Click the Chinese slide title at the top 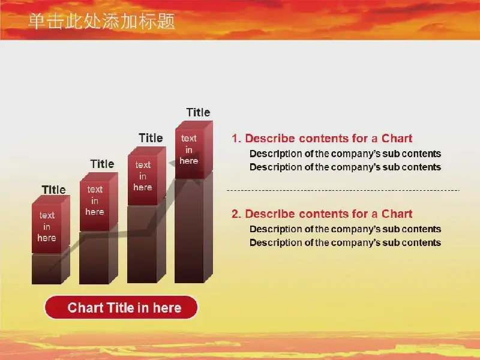click(101, 22)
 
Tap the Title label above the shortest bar click(53, 190)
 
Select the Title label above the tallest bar click(198, 112)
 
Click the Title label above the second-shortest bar click(102, 164)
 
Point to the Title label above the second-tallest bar click(151, 138)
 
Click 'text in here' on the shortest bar click(47, 227)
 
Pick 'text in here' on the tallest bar click(189, 149)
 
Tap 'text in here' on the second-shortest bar click(95, 200)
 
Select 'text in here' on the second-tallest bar click(143, 176)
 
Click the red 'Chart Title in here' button click(121, 307)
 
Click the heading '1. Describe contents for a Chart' click(322, 139)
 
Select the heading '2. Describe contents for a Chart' click(322, 214)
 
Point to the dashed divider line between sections click(343, 190)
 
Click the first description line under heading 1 click(346, 154)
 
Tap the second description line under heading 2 click(346, 243)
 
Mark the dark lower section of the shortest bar click(50, 267)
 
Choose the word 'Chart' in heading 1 click(397, 139)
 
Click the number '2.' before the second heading click(236, 214)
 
